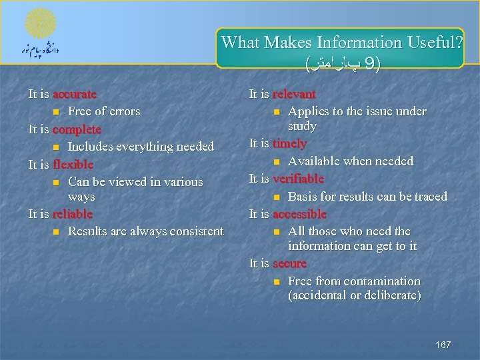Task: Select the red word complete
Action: pos(77,129)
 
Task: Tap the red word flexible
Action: pos(73,164)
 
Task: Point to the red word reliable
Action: pos(72,214)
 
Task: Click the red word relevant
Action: pos(294,94)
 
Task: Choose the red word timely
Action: pos(289,143)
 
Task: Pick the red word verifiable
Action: pos(298,179)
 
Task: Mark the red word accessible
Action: pos(299,214)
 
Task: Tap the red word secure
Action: pos(289,263)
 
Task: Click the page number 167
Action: pos(443,345)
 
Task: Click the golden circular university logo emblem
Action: pos(40,24)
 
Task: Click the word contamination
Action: pos(380,281)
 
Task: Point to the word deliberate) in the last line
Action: pos(391,295)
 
